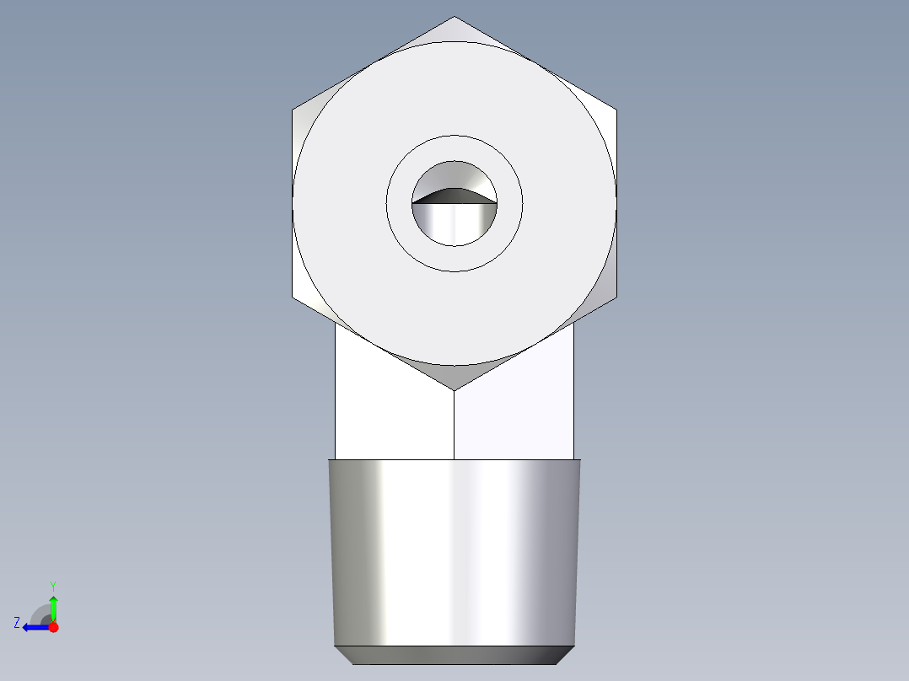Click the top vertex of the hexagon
[454, 18]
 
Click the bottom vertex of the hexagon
[454, 389]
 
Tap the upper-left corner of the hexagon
[293, 110]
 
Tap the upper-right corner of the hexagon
[616, 110]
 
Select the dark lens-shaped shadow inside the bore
[454, 196]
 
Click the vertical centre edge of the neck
[454, 426]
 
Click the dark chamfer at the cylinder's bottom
[454, 655]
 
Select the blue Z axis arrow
[34, 627]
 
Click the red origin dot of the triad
[53, 627]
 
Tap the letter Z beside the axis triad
[17, 623]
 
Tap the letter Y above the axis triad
[53, 585]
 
